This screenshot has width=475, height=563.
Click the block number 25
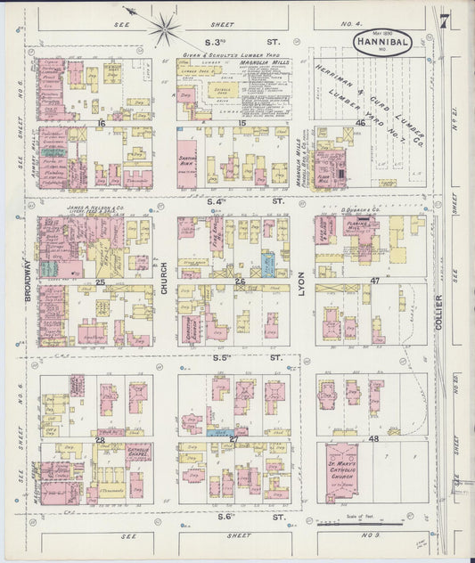(101, 281)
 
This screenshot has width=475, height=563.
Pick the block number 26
(239, 281)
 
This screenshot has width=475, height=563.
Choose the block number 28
(101, 439)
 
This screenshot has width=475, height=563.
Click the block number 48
(373, 439)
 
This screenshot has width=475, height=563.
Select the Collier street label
(438, 315)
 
